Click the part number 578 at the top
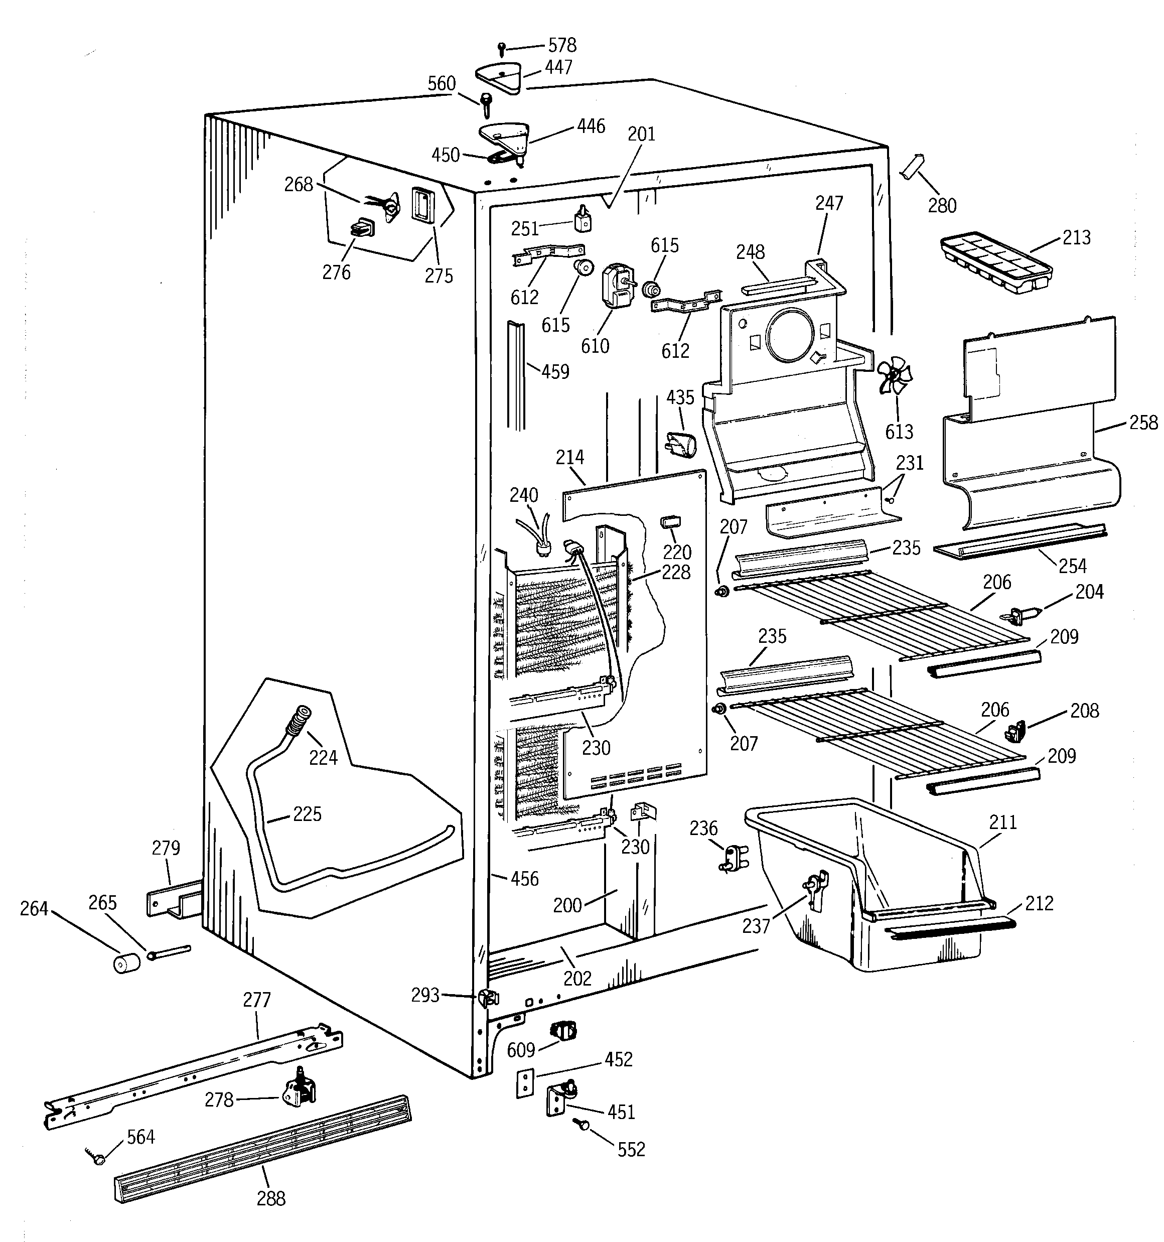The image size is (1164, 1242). click(562, 45)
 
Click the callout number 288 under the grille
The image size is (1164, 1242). click(271, 1198)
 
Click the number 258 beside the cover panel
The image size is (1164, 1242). click(1143, 423)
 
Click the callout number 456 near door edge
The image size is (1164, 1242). click(524, 879)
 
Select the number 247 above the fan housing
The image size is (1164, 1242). click(829, 203)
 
